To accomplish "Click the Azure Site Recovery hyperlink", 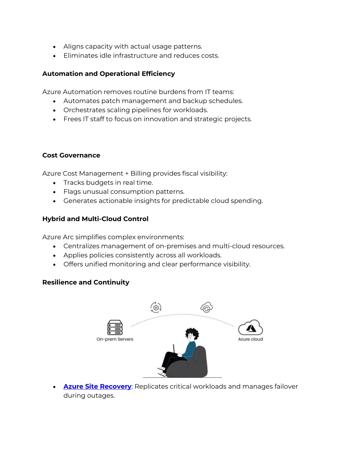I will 97,387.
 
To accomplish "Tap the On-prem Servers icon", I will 115,327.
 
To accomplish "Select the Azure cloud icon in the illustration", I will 250,327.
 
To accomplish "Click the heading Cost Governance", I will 71,155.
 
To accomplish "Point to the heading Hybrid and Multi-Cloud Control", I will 95,219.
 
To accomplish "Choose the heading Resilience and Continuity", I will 86,282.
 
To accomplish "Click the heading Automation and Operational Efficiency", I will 108,74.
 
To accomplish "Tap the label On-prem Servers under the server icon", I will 115,339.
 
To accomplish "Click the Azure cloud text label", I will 250,339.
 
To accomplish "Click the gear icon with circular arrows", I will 156,307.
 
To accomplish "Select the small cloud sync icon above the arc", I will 206,307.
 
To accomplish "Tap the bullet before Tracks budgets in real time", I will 54,183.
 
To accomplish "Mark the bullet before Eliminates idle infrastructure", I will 54,56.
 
